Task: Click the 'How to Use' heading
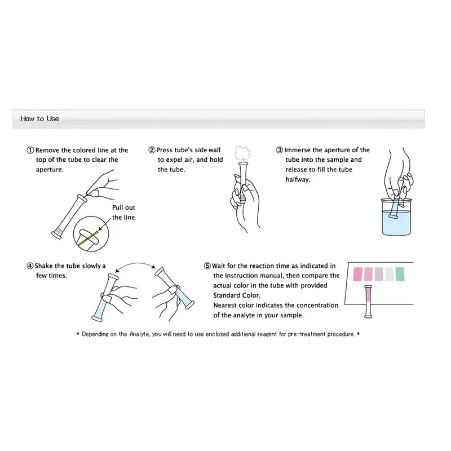point(39,118)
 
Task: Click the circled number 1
point(30,151)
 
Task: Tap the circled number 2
point(152,151)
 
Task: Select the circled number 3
point(279,151)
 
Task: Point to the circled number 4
point(30,266)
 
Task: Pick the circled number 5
point(207,266)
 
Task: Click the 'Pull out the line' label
point(123,213)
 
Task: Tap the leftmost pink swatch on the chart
point(357,274)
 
